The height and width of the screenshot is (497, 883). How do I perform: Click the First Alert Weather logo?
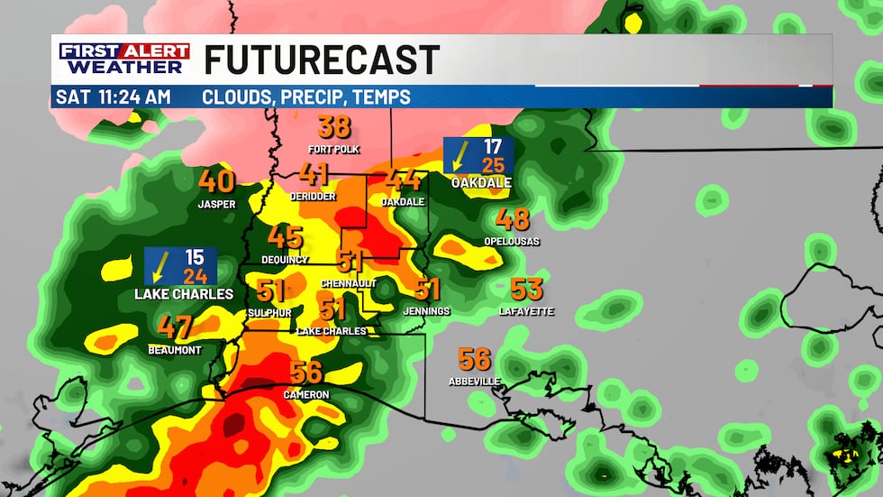point(124,59)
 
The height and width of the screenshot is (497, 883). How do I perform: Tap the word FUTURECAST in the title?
point(322,60)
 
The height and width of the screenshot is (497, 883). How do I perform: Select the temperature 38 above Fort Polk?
point(333,127)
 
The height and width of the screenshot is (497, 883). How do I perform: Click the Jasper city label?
point(216,205)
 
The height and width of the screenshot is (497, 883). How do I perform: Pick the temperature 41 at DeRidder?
point(314,174)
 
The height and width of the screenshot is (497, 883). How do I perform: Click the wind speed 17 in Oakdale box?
point(492,146)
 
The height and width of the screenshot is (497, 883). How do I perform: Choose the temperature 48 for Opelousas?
point(513,219)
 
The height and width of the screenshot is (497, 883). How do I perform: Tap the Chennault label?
point(348,283)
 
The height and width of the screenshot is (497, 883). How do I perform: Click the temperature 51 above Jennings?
point(427,290)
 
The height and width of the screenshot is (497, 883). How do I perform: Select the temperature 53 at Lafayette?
point(526,290)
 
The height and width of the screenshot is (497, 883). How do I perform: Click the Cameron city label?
point(306,395)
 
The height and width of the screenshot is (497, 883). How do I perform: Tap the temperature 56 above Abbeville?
point(474,359)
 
